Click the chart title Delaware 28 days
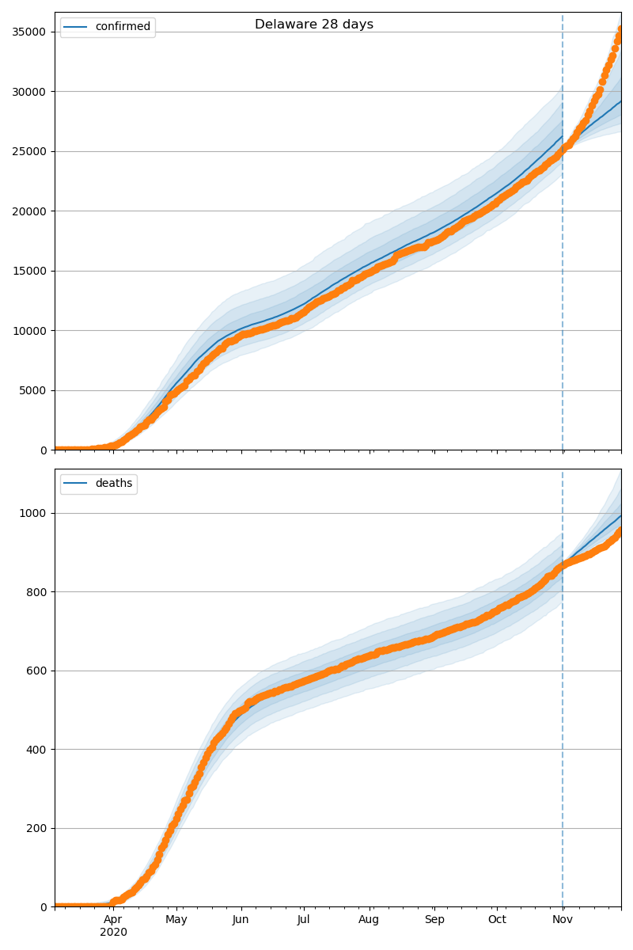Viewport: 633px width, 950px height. point(314,25)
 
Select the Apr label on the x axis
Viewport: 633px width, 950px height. point(113,920)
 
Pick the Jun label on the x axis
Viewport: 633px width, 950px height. point(241,920)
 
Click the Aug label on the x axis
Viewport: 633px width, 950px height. point(369,920)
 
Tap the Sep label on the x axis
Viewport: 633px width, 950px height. point(434,920)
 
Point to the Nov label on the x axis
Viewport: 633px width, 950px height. point(563,920)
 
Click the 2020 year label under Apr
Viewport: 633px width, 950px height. point(113,933)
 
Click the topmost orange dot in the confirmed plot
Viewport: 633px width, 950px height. point(620,29)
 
